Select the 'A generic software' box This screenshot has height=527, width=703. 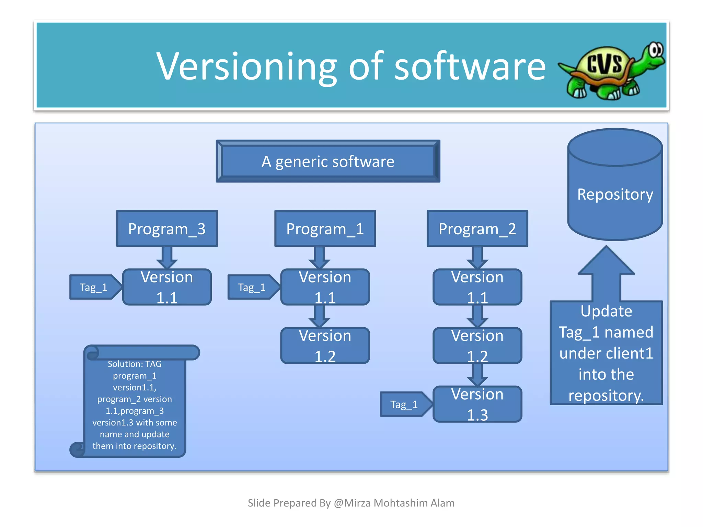tap(328, 161)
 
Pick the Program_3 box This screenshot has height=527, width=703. tap(167, 229)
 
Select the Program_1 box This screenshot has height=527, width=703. tap(325, 229)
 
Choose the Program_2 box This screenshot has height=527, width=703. tap(477, 229)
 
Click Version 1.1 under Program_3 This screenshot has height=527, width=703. tap(167, 287)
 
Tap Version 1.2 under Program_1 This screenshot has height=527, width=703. tap(325, 346)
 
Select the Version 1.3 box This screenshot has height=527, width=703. tap(477, 404)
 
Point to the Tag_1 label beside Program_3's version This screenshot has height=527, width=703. tap(94, 287)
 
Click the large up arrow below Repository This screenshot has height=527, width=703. tap(606, 274)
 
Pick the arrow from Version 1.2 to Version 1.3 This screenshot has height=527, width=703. tap(477, 375)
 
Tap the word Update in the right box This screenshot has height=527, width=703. tap(606, 311)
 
